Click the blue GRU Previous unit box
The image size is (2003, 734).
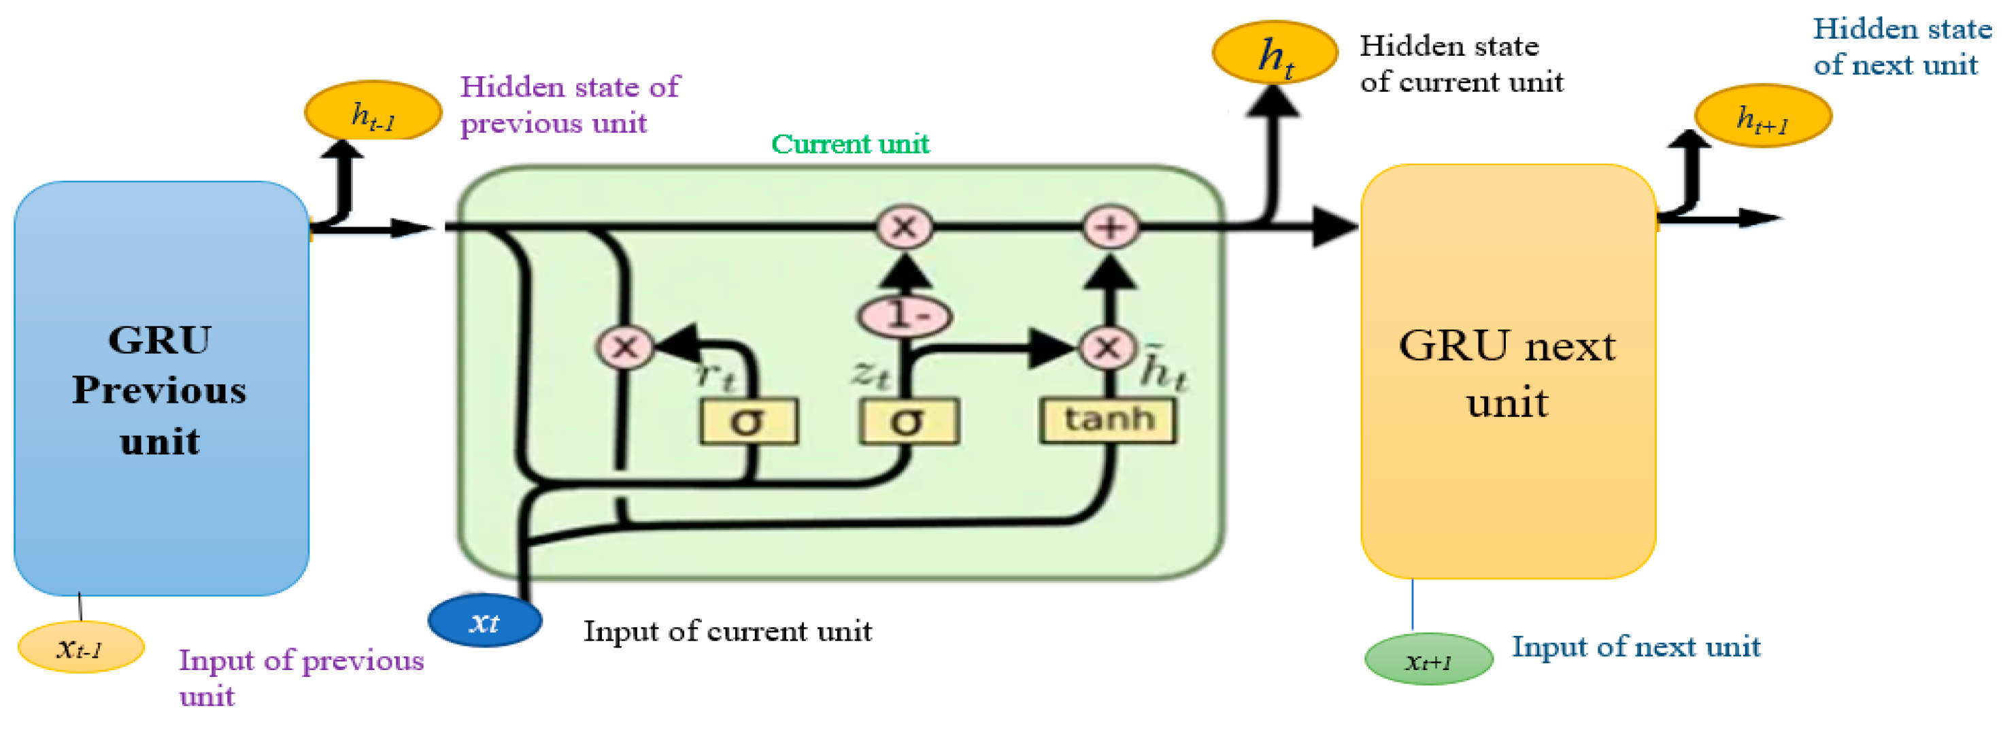[x=161, y=389]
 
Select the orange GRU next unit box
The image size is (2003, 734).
[x=1507, y=371]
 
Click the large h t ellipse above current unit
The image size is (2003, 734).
[x=1275, y=53]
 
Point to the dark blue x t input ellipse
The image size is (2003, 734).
[x=484, y=621]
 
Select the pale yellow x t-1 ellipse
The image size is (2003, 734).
[x=80, y=647]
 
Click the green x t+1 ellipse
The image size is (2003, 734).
[x=1428, y=659]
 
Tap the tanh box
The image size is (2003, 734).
[x=1108, y=420]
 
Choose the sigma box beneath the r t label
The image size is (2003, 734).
[x=748, y=422]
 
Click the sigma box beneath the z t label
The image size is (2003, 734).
[x=908, y=422]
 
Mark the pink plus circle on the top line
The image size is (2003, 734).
[x=1111, y=228]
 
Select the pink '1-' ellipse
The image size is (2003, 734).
[x=905, y=316]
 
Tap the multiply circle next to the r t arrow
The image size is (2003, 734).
[x=625, y=348]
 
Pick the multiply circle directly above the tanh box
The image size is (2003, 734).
[x=1107, y=348]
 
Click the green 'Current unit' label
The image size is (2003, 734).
[x=850, y=144]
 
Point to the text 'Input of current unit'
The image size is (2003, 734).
[x=727, y=631]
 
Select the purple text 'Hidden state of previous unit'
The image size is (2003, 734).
[x=569, y=105]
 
